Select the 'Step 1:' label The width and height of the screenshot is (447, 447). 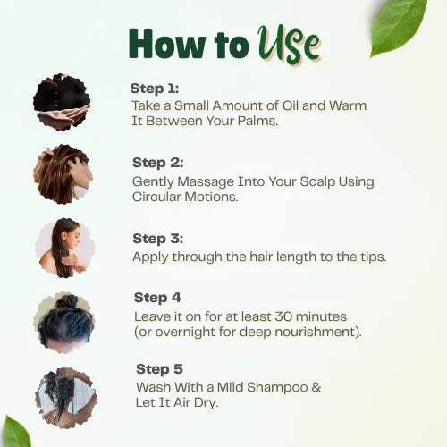point(155,88)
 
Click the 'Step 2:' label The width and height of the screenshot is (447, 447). point(157,163)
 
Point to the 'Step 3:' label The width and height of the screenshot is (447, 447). point(157,239)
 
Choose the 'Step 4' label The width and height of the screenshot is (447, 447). point(157,298)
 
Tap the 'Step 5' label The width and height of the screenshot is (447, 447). point(159,368)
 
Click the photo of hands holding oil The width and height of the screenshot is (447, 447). point(62,102)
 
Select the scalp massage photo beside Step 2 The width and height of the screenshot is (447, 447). point(63,173)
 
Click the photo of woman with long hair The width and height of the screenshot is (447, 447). point(64,247)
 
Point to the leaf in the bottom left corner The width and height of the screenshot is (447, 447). point(15,432)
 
